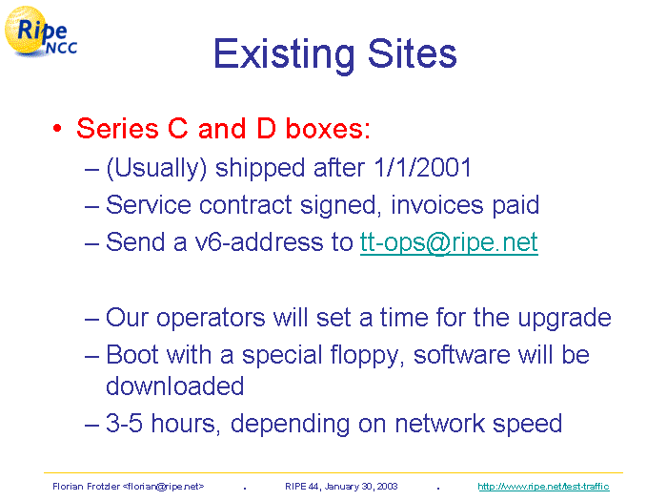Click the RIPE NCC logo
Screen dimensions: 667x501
[x=40, y=31]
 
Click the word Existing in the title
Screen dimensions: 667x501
[x=284, y=54]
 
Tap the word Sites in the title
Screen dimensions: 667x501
[x=413, y=53]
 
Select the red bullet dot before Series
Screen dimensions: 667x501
[x=57, y=128]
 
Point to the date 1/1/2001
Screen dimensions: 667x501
[x=423, y=167]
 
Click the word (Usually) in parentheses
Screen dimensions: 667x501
[x=156, y=168]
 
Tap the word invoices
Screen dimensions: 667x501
[x=436, y=204]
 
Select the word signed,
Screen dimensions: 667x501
[x=338, y=206]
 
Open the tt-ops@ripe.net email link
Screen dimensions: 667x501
[x=449, y=242]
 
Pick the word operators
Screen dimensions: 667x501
[x=211, y=318]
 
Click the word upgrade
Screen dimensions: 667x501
[x=564, y=318]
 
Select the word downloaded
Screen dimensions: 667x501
[x=174, y=386]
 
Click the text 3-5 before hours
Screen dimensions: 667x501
[x=124, y=424]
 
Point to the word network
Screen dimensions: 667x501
[x=439, y=424]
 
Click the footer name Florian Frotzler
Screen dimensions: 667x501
[x=86, y=487]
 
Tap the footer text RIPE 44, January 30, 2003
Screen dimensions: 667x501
[x=341, y=487]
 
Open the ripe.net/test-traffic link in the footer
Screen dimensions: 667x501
[x=543, y=487]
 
